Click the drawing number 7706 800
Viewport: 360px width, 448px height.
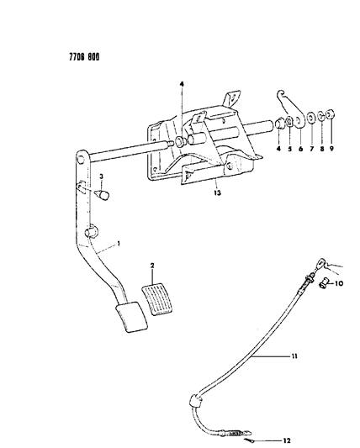tap(84, 57)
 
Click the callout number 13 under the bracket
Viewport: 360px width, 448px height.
tap(217, 192)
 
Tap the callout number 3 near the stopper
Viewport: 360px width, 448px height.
tap(102, 177)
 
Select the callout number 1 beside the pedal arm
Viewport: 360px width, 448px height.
tap(119, 244)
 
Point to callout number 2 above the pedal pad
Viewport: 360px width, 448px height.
tap(152, 266)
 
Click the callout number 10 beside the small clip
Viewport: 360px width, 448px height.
tap(339, 283)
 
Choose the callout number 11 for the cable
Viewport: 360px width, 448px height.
tap(294, 356)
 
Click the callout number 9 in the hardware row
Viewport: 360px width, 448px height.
tap(331, 149)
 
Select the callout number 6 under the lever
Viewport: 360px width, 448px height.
tap(300, 149)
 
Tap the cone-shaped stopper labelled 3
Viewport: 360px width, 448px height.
tap(102, 194)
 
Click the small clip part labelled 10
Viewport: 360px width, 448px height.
tap(323, 284)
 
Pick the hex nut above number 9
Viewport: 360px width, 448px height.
tap(331, 114)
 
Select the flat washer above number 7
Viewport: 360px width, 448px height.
tap(311, 118)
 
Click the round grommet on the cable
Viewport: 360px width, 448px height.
tap(197, 401)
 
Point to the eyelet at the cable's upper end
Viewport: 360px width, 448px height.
tap(320, 262)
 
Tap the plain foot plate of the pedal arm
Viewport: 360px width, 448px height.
tap(131, 317)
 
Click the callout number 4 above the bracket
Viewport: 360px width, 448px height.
tap(182, 84)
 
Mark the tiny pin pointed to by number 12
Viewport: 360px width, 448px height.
tap(248, 440)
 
